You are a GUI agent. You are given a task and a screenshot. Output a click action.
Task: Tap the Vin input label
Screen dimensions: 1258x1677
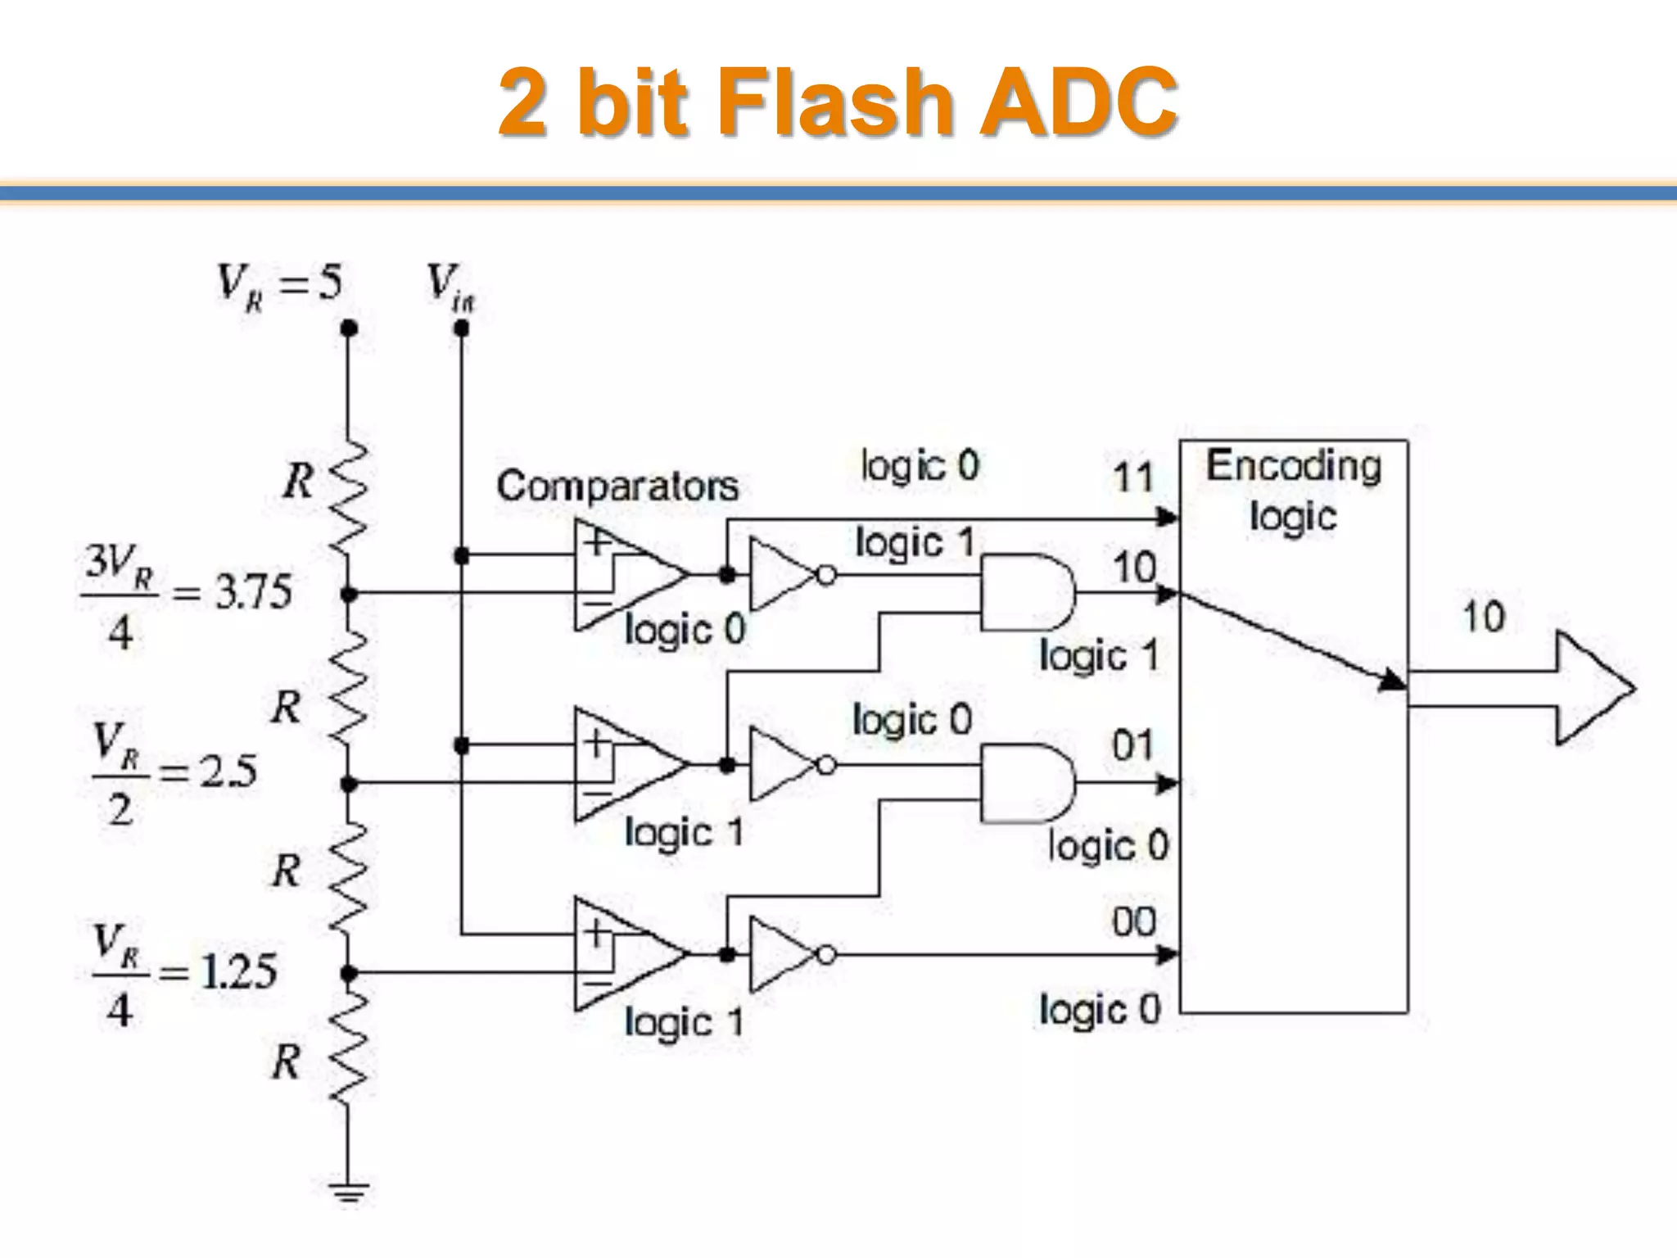[x=450, y=287]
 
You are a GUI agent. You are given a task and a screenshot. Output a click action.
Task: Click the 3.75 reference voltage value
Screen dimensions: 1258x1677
[x=253, y=592]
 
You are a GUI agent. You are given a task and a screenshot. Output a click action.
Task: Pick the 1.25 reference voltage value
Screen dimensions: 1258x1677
[x=238, y=972]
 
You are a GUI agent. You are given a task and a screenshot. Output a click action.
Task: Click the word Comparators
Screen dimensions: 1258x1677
[x=617, y=486]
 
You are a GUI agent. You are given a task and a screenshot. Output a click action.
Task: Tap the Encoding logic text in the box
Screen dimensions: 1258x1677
[x=1293, y=490]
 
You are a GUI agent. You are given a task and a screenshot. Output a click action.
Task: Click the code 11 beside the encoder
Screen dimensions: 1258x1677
[x=1133, y=477]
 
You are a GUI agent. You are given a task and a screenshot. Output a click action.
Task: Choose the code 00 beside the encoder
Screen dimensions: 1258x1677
[x=1134, y=922]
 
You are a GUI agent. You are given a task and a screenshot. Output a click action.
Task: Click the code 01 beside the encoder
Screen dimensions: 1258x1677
[x=1133, y=745]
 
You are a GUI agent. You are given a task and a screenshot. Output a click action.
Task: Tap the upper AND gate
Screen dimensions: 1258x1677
[x=1027, y=592]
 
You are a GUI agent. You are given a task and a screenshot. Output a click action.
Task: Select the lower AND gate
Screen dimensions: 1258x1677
[x=1027, y=783]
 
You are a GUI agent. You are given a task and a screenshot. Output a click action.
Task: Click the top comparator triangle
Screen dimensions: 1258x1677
[x=626, y=574]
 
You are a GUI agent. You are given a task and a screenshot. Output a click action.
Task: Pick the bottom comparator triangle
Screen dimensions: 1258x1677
[x=626, y=954]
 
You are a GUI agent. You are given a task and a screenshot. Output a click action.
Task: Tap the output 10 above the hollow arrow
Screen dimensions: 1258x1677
[x=1483, y=617]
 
